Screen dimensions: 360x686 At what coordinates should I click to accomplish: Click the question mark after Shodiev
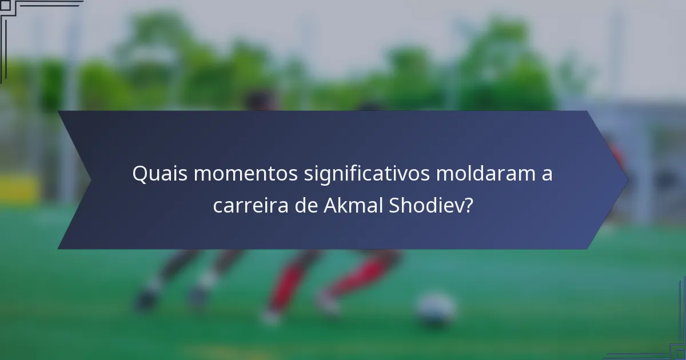click(468, 205)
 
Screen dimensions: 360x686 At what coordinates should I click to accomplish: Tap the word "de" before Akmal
click(306, 205)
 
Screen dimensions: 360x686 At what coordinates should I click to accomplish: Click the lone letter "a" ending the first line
click(547, 175)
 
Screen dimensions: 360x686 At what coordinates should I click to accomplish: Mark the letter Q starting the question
click(139, 174)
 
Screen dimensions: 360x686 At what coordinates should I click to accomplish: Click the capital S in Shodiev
click(395, 205)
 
